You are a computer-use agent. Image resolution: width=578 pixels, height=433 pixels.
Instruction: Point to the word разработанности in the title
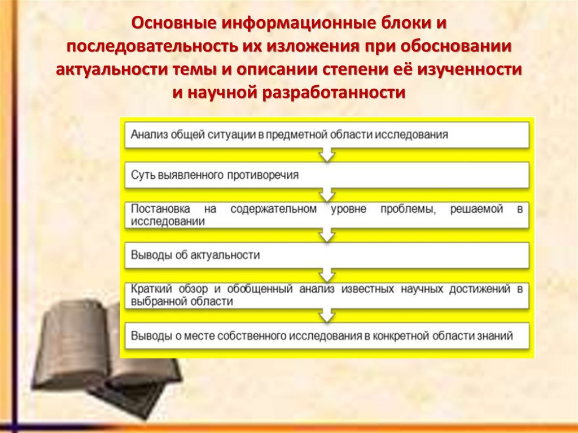point(333,92)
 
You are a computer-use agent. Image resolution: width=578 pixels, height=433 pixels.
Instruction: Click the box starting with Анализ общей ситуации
point(327,135)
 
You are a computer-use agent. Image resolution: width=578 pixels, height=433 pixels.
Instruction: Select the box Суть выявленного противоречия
point(327,175)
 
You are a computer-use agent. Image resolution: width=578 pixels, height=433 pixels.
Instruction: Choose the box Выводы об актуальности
point(327,255)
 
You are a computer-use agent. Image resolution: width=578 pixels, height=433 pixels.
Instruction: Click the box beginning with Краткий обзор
point(327,295)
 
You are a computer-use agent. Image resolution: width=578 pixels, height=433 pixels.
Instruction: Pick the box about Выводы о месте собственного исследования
point(327,335)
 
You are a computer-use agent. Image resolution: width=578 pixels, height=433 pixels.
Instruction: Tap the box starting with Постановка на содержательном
point(327,215)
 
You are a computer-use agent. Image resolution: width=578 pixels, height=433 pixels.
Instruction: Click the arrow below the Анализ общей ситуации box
point(327,155)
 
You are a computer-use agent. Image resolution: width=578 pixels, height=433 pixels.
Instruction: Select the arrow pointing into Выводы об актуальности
point(327,235)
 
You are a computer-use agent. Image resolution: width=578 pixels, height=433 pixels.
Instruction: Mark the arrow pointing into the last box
point(327,315)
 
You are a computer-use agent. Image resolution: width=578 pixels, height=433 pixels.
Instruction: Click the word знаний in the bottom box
point(497,335)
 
